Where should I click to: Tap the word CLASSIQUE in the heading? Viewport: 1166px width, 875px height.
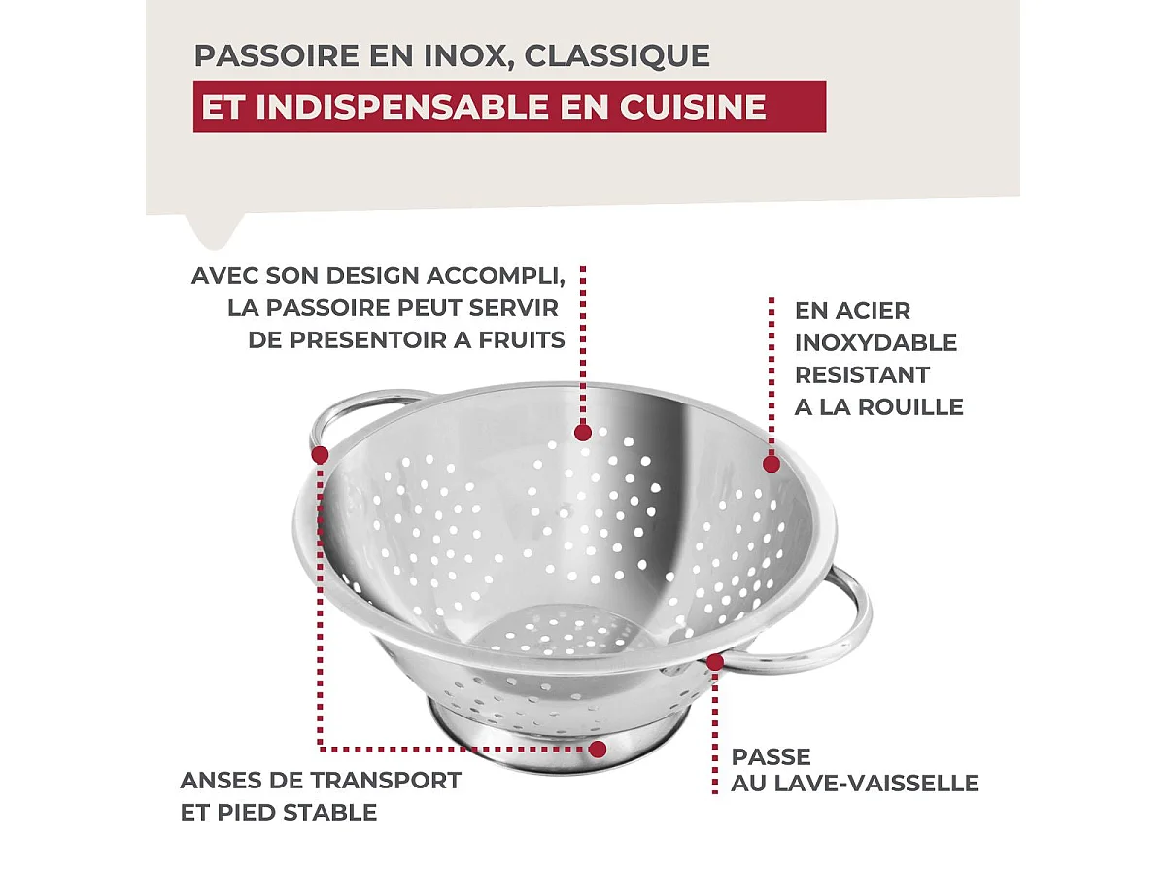click(x=617, y=55)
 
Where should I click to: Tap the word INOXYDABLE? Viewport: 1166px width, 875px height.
click(x=875, y=342)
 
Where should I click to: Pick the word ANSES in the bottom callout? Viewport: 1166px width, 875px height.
click(x=217, y=780)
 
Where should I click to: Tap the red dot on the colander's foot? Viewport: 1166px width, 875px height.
click(x=598, y=749)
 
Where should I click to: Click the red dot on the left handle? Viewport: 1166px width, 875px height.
click(x=320, y=453)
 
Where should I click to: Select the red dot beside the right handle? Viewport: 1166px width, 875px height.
click(x=715, y=662)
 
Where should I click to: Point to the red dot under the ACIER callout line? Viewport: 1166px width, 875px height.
click(x=771, y=463)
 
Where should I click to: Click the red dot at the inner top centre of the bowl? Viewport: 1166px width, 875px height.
click(x=582, y=432)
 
